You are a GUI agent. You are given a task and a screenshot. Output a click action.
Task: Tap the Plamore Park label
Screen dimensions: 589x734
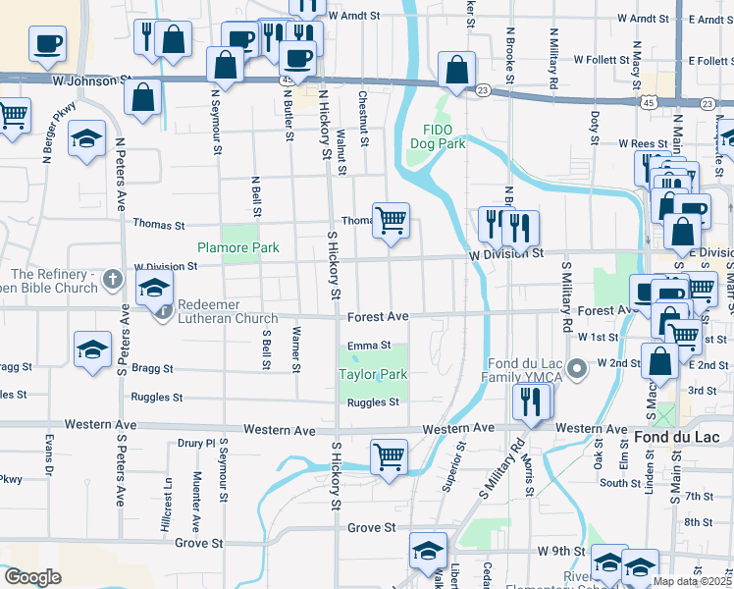point(237,248)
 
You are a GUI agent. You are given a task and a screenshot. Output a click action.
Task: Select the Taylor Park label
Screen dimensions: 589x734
point(372,374)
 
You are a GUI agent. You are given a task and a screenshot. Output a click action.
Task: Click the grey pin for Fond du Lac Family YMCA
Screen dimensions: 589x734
point(578,367)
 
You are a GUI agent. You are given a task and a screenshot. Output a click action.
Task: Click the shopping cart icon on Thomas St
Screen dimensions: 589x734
point(391,219)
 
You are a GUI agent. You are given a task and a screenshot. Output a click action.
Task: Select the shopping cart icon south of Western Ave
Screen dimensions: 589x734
point(390,455)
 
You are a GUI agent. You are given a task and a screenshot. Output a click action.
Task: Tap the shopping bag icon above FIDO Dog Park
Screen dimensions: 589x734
point(456,70)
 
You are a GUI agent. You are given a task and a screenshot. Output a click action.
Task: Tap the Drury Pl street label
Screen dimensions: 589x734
point(195,443)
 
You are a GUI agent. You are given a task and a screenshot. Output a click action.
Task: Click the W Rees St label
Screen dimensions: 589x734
point(643,143)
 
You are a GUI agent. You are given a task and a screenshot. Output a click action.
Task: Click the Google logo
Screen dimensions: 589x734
point(32,577)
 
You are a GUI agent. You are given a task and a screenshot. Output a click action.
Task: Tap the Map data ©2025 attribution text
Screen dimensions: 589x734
point(692,581)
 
